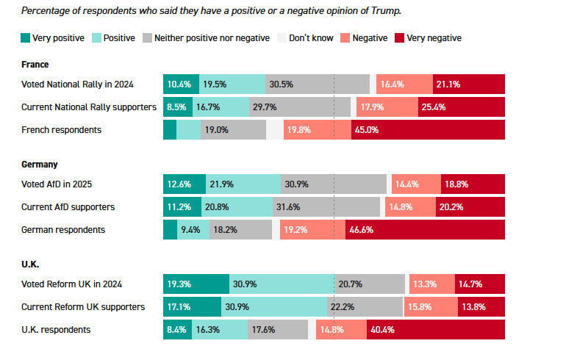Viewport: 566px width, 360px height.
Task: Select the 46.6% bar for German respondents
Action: coord(425,230)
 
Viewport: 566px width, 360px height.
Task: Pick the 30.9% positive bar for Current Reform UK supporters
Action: coord(274,306)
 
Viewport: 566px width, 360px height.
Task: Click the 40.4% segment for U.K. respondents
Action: coord(436,330)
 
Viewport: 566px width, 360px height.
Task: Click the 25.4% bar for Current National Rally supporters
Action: coord(462,107)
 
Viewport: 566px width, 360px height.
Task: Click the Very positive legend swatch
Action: coord(26,38)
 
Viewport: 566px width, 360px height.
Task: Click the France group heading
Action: coord(35,65)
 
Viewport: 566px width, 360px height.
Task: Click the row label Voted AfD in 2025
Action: coord(57,184)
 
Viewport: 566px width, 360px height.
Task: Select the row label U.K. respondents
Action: coord(56,330)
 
